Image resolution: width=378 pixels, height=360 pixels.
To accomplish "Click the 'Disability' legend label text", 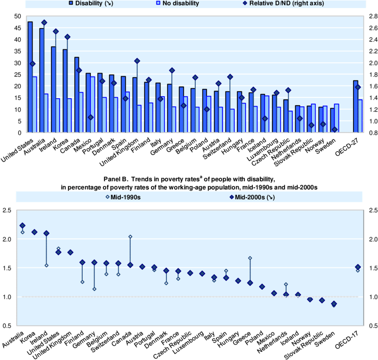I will click(89, 4).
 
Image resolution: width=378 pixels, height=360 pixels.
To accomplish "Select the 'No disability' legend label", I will click(180, 4).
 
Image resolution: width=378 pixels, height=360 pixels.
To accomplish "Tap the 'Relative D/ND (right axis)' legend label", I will click(286, 4).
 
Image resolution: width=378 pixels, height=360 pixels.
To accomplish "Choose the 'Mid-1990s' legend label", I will click(125, 198).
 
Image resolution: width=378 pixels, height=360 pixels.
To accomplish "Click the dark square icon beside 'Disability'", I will click(71, 4).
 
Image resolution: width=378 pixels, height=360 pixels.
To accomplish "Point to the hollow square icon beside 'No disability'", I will click(158, 4).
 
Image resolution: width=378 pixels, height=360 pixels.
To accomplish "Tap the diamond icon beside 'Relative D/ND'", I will click(245, 4).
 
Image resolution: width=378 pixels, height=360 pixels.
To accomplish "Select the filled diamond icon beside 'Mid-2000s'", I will click(231, 198).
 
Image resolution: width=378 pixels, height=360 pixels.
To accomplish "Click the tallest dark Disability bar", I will click(30, 77).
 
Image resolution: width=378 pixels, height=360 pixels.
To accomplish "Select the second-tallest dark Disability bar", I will click(42, 80).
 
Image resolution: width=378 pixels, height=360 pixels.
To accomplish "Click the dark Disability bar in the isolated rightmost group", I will click(356, 106).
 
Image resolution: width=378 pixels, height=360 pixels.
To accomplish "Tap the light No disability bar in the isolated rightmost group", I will click(360, 116).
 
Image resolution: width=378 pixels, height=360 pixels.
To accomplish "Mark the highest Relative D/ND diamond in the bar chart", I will click(44, 23).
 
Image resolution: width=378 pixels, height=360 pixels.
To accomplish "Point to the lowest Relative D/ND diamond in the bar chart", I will click(335, 130).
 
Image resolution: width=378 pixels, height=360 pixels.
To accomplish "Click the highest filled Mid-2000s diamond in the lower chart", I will click(22, 225).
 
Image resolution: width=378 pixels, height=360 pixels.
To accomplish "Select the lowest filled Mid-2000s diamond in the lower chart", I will click(334, 304).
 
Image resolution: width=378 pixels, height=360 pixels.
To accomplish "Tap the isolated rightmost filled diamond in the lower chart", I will click(358, 267).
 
